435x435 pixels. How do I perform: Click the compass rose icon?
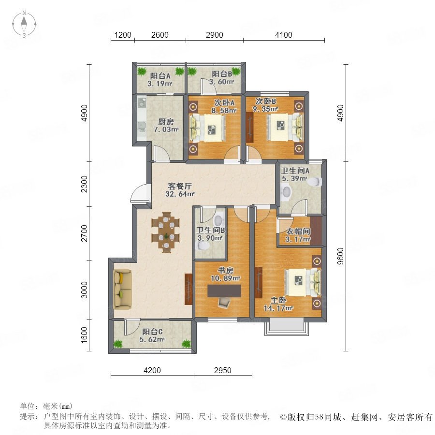(x=24, y=24)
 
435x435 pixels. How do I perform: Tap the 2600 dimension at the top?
(x=160, y=35)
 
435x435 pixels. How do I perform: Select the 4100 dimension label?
(x=284, y=35)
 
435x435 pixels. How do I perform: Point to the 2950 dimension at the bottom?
(x=222, y=370)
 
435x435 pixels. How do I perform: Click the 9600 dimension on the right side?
(x=340, y=256)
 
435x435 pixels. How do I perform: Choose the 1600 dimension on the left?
(x=84, y=335)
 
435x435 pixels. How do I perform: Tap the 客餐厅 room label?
(x=180, y=186)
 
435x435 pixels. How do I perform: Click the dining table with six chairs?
(x=166, y=232)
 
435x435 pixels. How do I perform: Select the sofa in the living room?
(x=122, y=288)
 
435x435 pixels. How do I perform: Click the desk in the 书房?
(x=224, y=291)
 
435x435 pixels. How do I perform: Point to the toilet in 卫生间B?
(x=203, y=246)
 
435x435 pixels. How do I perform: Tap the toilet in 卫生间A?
(x=315, y=182)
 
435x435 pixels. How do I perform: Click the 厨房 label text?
(x=166, y=121)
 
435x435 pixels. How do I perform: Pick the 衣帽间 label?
(x=298, y=231)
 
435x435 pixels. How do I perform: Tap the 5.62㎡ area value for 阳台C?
(x=152, y=339)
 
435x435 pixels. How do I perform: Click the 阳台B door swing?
(x=209, y=85)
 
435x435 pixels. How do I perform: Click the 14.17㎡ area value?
(x=278, y=308)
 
